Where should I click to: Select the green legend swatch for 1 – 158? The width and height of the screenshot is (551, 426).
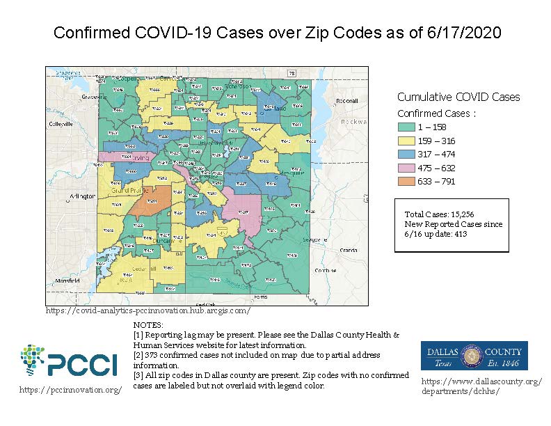407,127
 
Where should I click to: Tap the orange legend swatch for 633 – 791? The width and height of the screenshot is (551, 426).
407,181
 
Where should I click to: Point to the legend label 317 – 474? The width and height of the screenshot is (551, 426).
432,154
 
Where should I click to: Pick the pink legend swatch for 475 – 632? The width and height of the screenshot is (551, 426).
407,168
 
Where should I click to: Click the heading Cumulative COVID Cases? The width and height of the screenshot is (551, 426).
458,97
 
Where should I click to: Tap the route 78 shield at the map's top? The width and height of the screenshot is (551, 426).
292,73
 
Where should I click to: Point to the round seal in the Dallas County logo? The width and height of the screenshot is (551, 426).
474,355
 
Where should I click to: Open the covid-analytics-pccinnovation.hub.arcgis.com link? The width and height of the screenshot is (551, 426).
147,310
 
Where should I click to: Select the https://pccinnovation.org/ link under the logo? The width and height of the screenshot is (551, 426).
70,390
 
